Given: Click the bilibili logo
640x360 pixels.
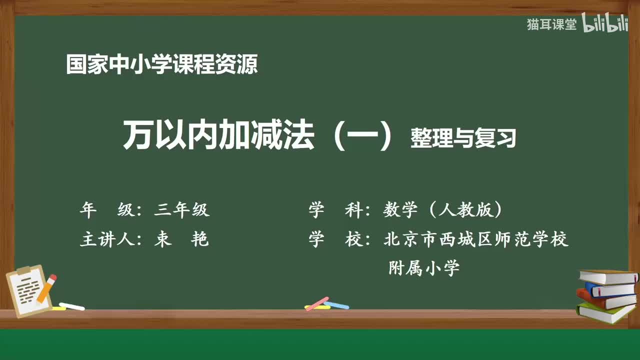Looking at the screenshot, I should point(605,25).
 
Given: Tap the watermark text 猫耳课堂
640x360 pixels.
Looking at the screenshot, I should point(551,25).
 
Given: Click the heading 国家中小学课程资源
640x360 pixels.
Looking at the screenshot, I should point(162,65).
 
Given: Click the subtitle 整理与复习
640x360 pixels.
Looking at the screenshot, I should point(462,138).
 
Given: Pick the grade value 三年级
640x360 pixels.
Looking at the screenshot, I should point(181,210).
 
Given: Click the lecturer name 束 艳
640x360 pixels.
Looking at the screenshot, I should point(181,240).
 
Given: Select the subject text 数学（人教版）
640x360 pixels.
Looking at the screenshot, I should point(442,210).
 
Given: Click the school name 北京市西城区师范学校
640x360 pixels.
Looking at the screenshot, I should point(476,239).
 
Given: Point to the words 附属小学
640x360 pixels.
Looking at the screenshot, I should point(424,268).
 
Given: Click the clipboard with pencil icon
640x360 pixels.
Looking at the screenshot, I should point(31,290).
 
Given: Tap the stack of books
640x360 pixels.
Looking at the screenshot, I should point(607,295).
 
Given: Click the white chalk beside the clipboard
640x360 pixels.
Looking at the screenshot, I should point(71,306).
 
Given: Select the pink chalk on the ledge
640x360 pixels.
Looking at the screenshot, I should point(317,303).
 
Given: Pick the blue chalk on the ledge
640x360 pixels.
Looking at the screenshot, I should point(337,304).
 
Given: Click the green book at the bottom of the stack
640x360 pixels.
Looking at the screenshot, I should point(605,312).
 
